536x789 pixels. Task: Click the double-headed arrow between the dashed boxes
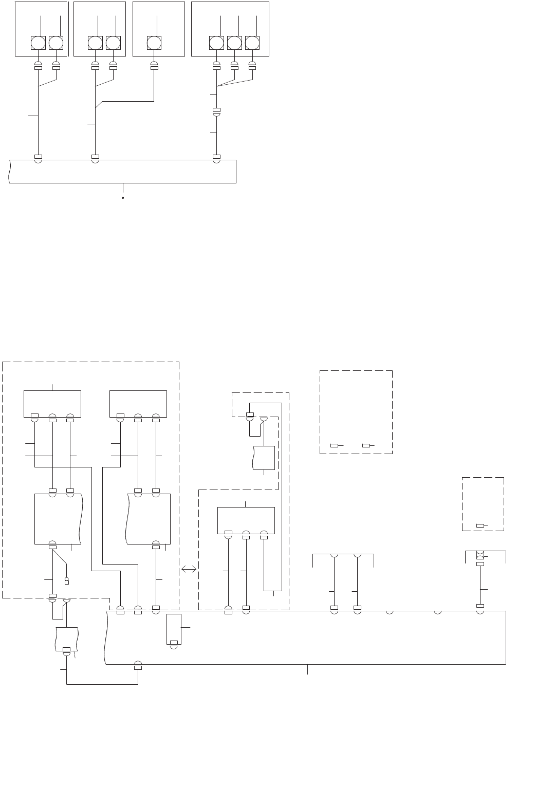pyautogui.click(x=189, y=569)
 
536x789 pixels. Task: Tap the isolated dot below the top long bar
pyautogui.click(x=123, y=197)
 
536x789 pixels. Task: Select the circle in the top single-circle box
pyautogui.click(x=154, y=43)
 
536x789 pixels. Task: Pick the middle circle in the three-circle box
pyautogui.click(x=234, y=43)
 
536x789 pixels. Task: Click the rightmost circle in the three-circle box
pyautogui.click(x=252, y=43)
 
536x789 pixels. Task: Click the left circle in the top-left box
pyautogui.click(x=38, y=43)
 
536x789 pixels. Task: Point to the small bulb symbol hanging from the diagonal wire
pyautogui.click(x=66, y=581)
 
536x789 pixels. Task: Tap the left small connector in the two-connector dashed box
pyautogui.click(x=334, y=445)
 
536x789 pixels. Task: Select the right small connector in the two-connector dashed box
pyautogui.click(x=366, y=445)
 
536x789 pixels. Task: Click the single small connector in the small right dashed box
pyautogui.click(x=480, y=525)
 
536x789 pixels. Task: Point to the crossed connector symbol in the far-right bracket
pyautogui.click(x=480, y=555)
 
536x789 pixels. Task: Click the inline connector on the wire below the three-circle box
pyautogui.click(x=216, y=111)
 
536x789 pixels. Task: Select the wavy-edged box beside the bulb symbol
pyautogui.click(x=58, y=519)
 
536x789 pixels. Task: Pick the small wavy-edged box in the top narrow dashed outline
pyautogui.click(x=264, y=458)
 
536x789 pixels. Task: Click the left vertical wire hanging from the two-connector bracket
pyautogui.click(x=334, y=580)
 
